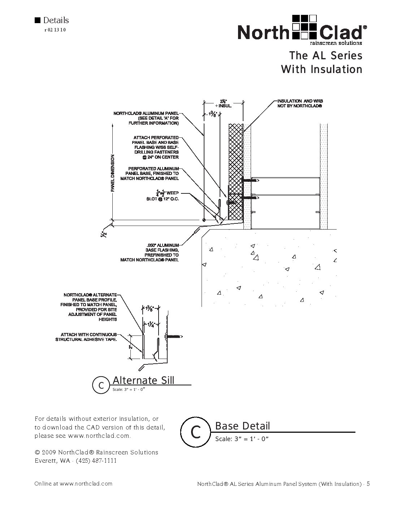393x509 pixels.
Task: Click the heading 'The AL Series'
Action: [x=325, y=56]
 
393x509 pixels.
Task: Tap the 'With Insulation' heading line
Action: [x=321, y=69]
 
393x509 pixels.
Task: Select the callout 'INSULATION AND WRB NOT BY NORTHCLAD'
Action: [x=299, y=104]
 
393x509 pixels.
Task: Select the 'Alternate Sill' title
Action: [x=143, y=380]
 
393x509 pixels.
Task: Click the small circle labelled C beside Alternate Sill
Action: [x=102, y=385]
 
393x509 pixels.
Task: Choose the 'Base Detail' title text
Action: [x=242, y=426]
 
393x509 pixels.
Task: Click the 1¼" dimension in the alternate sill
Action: [x=150, y=324]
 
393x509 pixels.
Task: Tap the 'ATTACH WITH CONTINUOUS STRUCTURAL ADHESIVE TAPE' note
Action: [x=86, y=337]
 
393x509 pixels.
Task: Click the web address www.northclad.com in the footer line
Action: [x=86, y=483]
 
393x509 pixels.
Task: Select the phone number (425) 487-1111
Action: [x=96, y=461]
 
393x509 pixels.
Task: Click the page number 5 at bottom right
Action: [x=368, y=484]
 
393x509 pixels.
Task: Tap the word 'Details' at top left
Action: [x=56, y=20]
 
